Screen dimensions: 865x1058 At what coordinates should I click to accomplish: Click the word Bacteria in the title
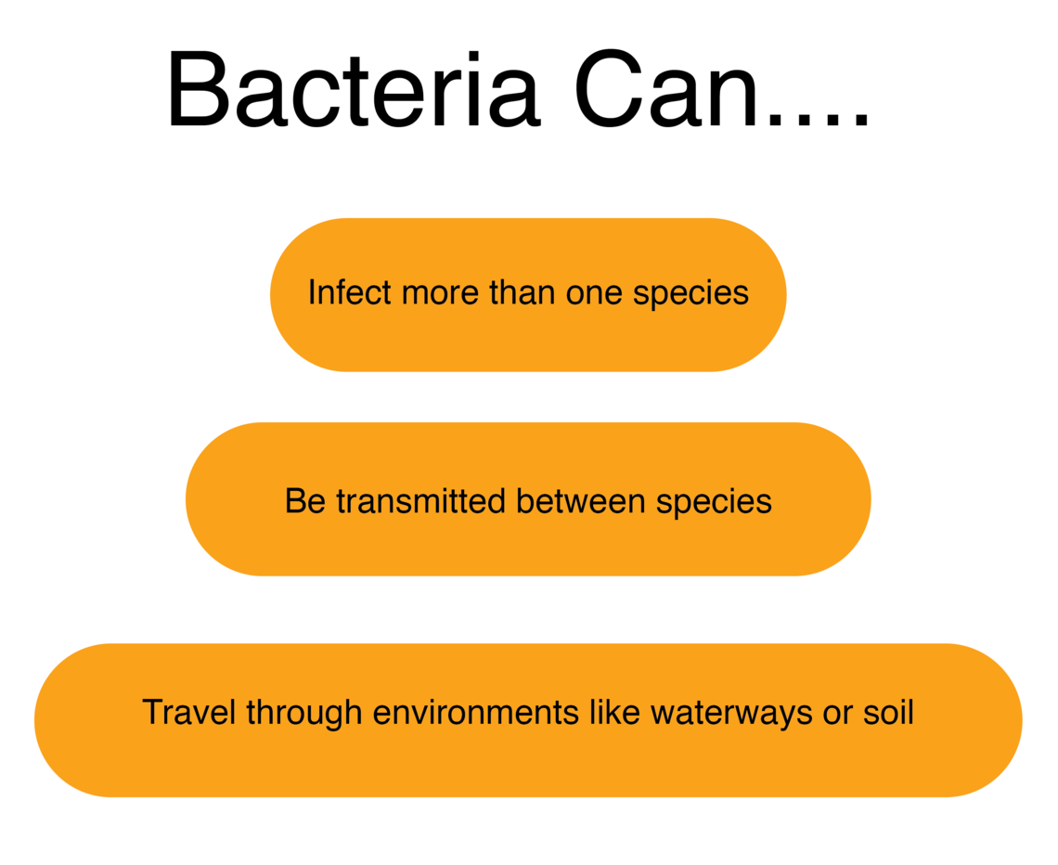[353, 90]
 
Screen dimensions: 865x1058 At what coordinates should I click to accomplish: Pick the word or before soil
[838, 714]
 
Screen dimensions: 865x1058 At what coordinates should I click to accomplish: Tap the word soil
[889, 713]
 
